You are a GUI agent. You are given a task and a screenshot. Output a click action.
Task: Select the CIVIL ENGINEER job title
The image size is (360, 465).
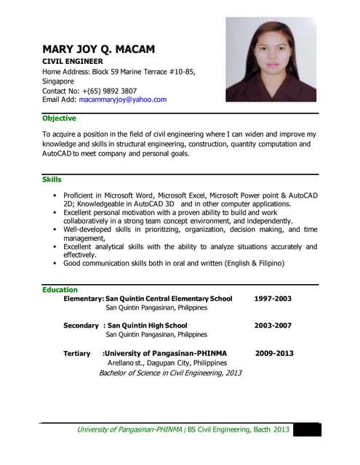point(73,62)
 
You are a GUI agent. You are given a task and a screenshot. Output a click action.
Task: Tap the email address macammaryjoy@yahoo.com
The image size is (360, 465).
point(122,100)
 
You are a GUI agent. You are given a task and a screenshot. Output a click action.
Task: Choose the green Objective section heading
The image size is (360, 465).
point(59,118)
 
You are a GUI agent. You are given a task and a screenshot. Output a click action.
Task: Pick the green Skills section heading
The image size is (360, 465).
point(52,179)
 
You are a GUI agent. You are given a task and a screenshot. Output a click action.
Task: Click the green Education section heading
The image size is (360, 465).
point(60,290)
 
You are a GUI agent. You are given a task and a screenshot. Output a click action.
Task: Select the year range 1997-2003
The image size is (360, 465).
point(273,299)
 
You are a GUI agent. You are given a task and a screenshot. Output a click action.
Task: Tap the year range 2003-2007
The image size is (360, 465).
point(273,325)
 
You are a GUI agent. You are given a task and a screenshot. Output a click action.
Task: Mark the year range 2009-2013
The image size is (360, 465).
point(274,353)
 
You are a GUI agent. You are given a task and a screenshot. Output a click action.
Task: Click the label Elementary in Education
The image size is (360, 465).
point(83,299)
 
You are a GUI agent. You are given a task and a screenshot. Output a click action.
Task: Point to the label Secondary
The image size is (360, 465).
point(80,325)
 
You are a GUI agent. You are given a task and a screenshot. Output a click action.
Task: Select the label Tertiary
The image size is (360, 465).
point(77,353)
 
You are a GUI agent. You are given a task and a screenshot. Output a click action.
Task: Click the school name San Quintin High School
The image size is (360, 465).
point(147,325)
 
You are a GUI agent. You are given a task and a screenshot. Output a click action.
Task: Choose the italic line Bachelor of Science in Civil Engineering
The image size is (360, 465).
point(169,373)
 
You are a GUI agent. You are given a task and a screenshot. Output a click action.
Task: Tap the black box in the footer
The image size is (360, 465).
point(306,429)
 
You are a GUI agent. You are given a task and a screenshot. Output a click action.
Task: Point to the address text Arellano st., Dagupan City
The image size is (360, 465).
point(167,363)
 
